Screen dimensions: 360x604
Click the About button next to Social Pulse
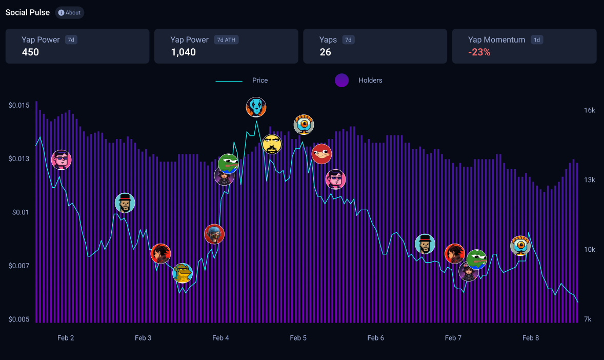point(70,13)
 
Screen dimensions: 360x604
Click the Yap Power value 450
point(30,52)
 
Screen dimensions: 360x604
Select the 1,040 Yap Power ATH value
point(183,52)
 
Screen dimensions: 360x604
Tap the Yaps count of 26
point(325,52)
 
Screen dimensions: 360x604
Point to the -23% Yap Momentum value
point(479,52)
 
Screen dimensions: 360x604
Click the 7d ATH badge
point(227,40)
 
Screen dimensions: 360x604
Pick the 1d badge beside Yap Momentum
point(537,40)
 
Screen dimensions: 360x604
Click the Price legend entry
point(259,81)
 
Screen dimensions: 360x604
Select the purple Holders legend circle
point(341,81)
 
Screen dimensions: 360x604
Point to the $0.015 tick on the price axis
point(19,105)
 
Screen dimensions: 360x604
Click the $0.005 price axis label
point(19,319)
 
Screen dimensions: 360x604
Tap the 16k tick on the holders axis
point(590,111)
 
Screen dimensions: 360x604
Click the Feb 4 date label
point(220,338)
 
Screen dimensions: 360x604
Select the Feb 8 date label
point(531,338)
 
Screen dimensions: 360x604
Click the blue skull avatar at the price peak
point(256,107)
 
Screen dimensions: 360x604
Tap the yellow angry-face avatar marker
point(272,144)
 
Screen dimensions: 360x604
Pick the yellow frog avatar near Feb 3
point(183,273)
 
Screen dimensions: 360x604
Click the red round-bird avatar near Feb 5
point(322,153)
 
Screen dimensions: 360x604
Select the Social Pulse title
point(28,12)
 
